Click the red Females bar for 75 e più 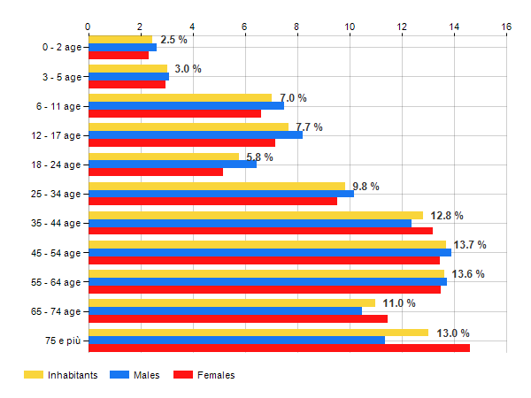click(x=279, y=348)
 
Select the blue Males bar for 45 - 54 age click(x=270, y=252)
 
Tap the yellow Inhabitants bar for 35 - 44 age click(x=256, y=215)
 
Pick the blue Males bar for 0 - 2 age click(x=122, y=47)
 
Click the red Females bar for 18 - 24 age click(x=156, y=172)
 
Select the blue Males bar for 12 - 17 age click(x=196, y=134)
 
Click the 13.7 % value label click(x=470, y=244)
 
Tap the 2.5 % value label click(x=173, y=40)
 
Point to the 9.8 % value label click(x=366, y=186)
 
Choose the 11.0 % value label click(x=399, y=303)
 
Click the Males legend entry click(x=146, y=375)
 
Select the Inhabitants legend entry click(x=73, y=375)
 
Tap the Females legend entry click(x=215, y=375)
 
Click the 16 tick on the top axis click(x=506, y=27)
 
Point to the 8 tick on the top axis click(x=297, y=27)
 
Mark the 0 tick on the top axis click(x=88, y=27)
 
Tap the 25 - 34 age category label click(x=52, y=194)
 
